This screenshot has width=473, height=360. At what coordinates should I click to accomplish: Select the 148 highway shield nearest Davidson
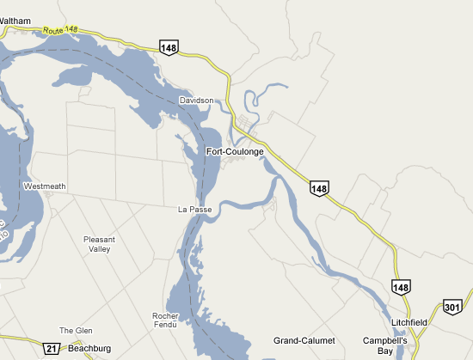pos(169,47)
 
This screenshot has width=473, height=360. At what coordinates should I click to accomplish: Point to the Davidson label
pos(196,101)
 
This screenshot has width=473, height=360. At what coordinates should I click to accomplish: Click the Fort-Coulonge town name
pos(235,152)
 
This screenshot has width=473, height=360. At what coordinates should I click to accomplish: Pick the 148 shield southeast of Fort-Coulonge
pos(320,188)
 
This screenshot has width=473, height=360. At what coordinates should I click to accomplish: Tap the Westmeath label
pos(45,186)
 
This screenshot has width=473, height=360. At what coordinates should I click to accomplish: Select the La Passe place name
pos(194,210)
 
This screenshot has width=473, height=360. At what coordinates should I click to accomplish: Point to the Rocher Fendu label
pos(164,320)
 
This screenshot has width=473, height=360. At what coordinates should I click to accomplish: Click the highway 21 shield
pos(52,347)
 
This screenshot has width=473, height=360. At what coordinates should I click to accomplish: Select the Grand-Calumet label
pos(304,341)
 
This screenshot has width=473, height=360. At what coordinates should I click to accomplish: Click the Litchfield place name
pos(408,322)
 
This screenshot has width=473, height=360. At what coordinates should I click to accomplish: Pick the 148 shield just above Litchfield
pos(400,287)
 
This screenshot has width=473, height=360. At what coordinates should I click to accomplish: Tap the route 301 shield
pos(453,307)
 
